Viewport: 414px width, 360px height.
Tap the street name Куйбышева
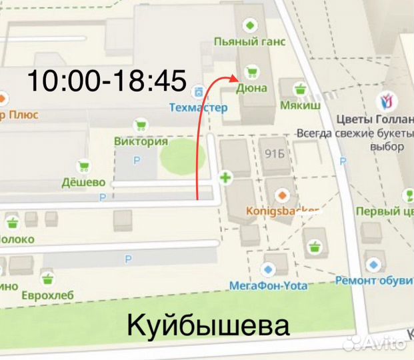[208, 327]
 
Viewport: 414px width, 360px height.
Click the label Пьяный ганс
[249, 41]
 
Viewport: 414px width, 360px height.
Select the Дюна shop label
[251, 87]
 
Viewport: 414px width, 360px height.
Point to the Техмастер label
[198, 107]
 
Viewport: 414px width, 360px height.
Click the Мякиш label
[300, 105]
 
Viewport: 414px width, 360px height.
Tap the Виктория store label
[141, 141]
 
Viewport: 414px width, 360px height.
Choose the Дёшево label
[84, 182]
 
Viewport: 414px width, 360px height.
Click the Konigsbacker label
[283, 211]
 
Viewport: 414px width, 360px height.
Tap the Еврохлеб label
[47, 295]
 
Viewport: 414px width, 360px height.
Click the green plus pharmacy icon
[225, 178]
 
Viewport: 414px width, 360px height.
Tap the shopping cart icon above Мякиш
[300, 89]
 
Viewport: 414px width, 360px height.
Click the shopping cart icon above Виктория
[141, 125]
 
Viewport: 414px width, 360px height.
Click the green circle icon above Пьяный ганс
[249, 25]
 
